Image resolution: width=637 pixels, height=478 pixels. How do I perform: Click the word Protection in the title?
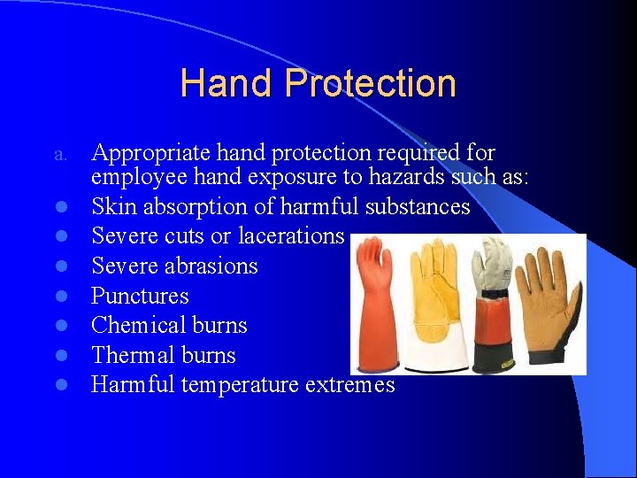pyautogui.click(x=370, y=84)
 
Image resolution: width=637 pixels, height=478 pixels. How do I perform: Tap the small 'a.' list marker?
pyautogui.click(x=60, y=155)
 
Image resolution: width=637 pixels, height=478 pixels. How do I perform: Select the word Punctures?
pyautogui.click(x=140, y=296)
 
